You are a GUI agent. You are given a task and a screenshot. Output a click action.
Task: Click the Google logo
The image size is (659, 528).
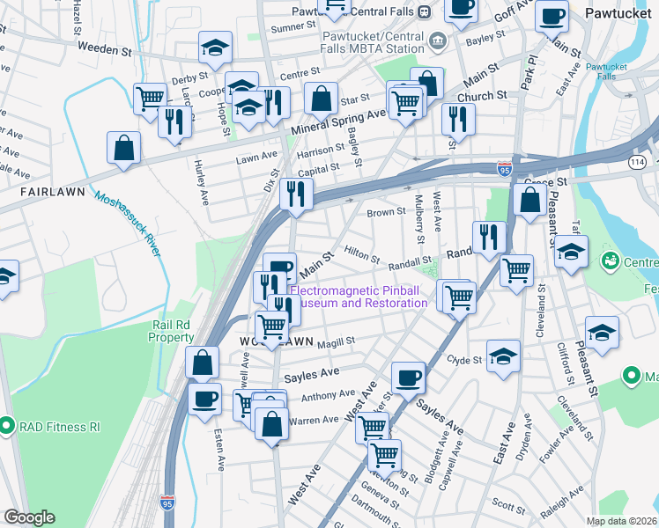point(29,517)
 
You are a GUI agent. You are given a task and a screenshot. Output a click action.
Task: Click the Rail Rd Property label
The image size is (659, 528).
point(171,331)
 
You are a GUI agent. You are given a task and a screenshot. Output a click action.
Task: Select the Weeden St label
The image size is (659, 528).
point(105,49)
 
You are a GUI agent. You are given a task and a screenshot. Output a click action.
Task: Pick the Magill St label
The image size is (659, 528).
point(337,341)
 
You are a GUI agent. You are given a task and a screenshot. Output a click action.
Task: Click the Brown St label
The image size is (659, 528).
point(386,212)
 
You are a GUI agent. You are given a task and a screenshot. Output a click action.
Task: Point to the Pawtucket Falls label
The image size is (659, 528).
point(606,71)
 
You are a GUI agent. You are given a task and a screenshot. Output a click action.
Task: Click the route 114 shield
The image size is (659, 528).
point(635,162)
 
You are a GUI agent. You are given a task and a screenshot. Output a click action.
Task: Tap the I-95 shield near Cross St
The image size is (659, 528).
point(503,165)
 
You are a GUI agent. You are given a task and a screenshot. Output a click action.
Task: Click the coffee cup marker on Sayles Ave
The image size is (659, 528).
point(408,378)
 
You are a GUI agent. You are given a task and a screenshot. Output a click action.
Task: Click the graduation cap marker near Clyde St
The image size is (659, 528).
point(502,356)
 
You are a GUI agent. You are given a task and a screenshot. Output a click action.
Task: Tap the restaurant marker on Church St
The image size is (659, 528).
point(457,120)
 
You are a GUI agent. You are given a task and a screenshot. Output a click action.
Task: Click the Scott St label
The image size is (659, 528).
point(508,504)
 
